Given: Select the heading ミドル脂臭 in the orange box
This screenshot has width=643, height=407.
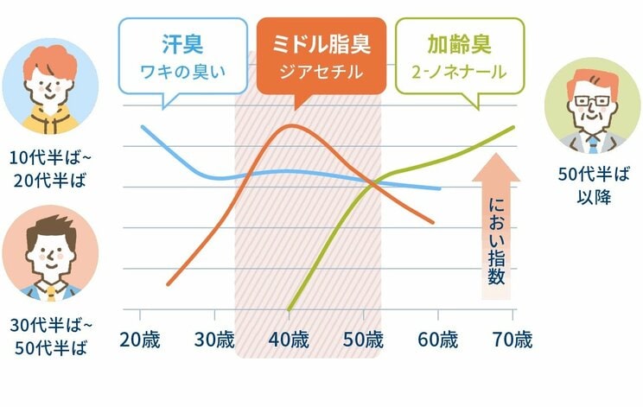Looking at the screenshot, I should [x=320, y=42].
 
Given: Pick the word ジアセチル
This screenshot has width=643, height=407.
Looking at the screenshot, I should [x=320, y=72].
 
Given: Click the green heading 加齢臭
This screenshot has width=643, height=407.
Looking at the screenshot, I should [x=458, y=42].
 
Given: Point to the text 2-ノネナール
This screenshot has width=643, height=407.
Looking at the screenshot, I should [x=458, y=72].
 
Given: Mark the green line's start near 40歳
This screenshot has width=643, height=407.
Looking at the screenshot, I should [x=289, y=308].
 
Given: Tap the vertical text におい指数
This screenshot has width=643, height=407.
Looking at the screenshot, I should [x=495, y=242].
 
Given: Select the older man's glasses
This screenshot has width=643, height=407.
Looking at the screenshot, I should [x=592, y=99].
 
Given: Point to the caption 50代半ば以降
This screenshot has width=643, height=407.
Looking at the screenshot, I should [x=592, y=184].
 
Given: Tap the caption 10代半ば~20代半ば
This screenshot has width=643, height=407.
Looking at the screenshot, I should [x=50, y=169].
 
